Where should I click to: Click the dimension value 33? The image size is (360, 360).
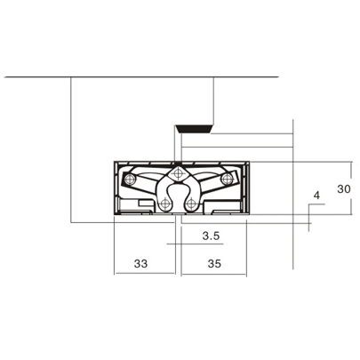pos(140,263)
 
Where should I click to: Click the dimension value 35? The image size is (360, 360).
pos(213,263)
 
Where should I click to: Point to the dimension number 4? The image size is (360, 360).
pos(316,195)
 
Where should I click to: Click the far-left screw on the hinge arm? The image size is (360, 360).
pos(130,180)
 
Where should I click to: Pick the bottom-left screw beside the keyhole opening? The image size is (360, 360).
pos(165,204)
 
